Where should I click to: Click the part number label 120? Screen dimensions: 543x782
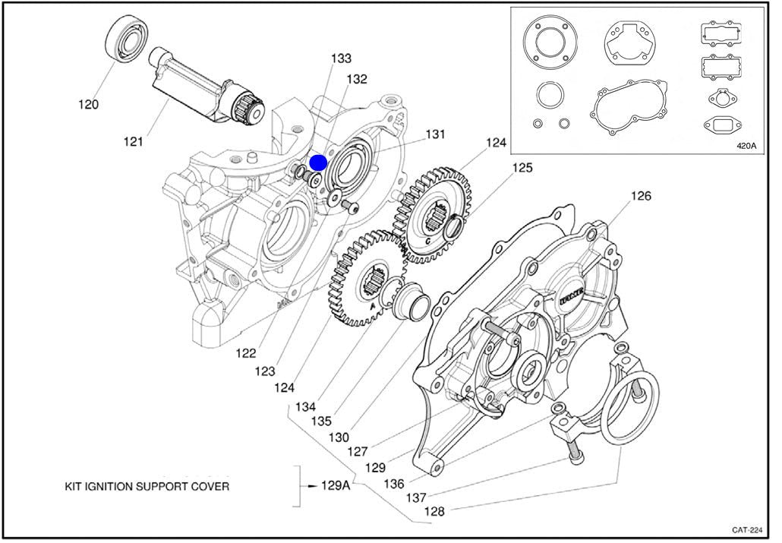point(88,104)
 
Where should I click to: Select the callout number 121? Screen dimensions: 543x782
point(134,141)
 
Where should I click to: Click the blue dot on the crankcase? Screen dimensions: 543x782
point(318,162)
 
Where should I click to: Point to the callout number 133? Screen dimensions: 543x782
point(341,58)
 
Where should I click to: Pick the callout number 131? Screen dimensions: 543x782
point(434,134)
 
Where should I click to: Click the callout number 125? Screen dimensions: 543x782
point(522,167)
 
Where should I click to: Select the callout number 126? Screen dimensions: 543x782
point(641,196)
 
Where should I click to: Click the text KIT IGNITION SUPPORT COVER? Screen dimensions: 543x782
point(147,486)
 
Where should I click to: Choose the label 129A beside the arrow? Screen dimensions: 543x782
point(335,485)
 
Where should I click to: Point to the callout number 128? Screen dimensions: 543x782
point(434,511)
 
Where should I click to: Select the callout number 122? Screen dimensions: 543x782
point(245,353)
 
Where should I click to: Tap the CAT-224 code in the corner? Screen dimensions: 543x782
point(747,529)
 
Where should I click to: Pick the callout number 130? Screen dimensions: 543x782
point(339,437)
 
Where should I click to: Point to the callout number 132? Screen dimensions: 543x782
point(357,79)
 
